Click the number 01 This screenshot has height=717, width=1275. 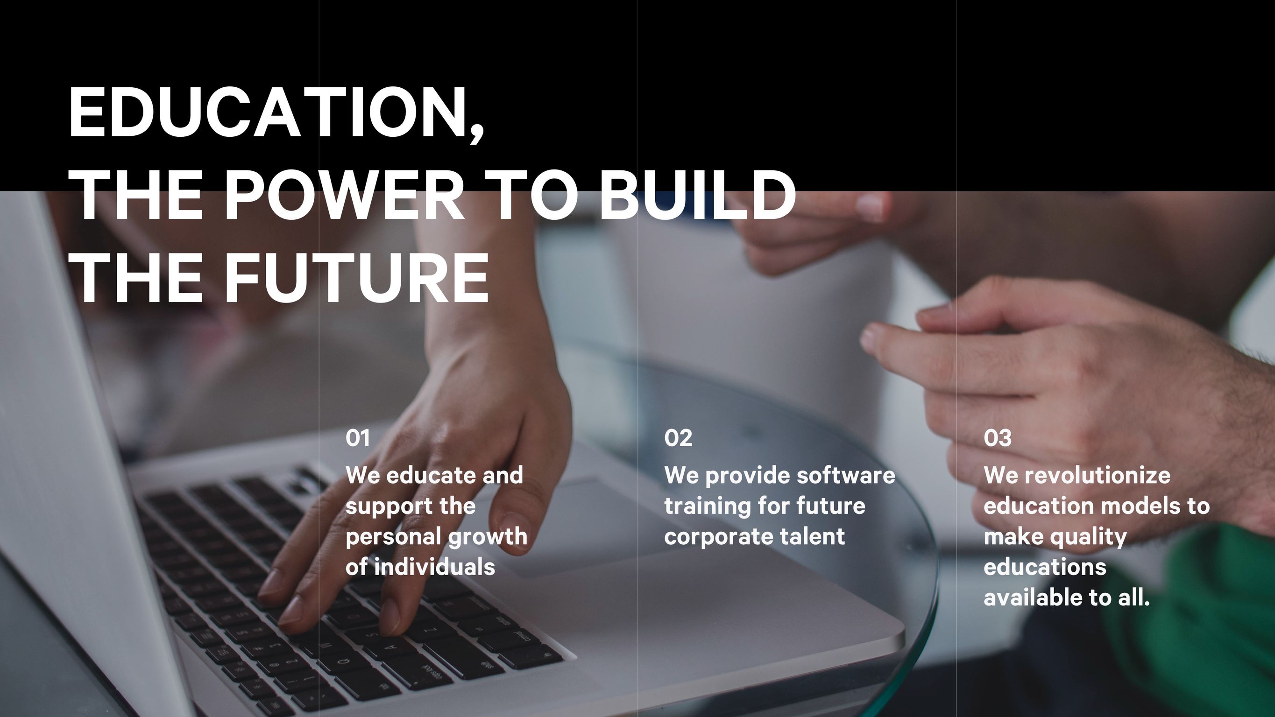click(357, 438)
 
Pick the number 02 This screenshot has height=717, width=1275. click(678, 438)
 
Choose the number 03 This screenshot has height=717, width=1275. click(997, 438)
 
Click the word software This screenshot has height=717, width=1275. click(846, 476)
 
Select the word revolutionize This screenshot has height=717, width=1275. click(1098, 476)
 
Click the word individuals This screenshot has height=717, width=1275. click(434, 567)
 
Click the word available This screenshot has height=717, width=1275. click(1033, 597)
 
